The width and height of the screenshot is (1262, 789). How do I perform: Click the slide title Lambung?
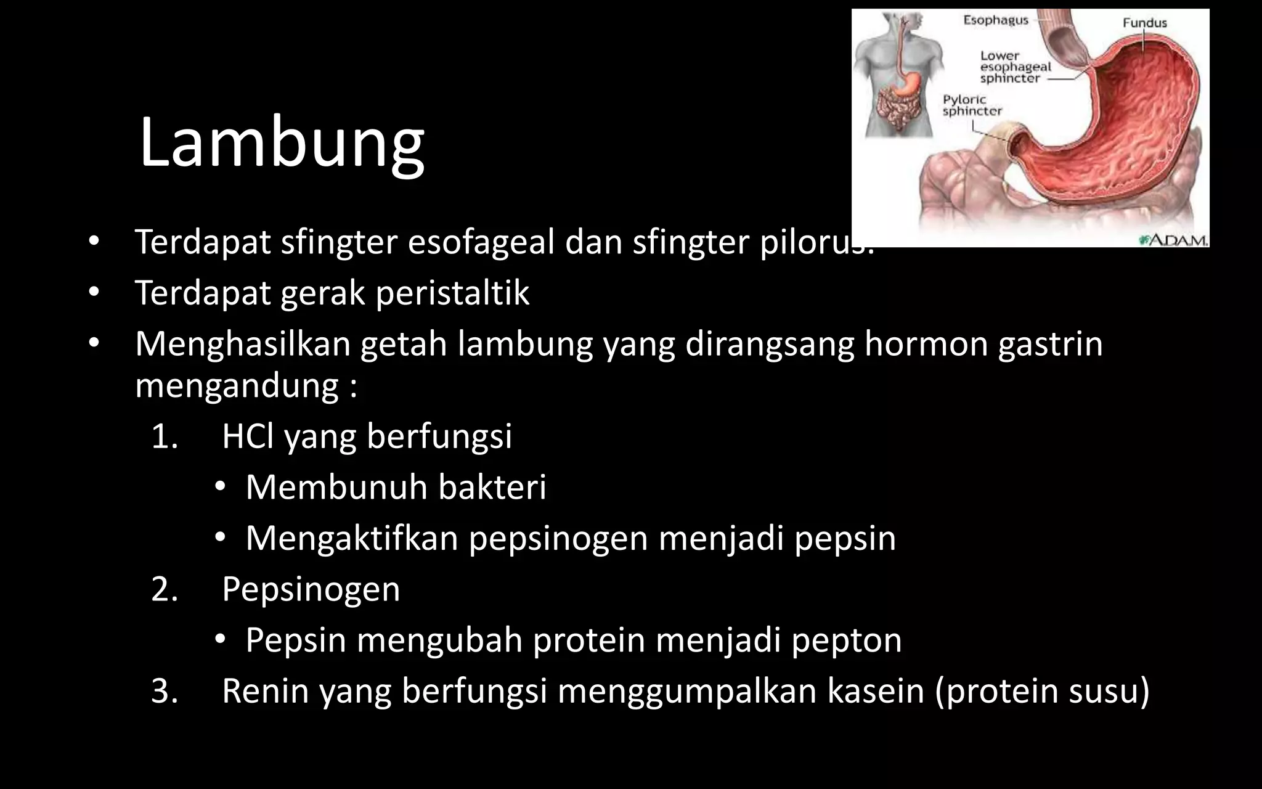pyautogui.click(x=282, y=143)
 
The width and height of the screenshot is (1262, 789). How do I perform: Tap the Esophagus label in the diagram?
pyautogui.click(x=996, y=20)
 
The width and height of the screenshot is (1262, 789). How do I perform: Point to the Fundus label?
pyautogui.click(x=1144, y=23)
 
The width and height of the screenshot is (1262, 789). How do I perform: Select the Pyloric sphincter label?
pyautogui.click(x=972, y=105)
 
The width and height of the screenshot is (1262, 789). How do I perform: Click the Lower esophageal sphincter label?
pyautogui.click(x=1015, y=67)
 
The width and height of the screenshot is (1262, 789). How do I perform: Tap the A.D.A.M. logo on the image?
pyautogui.click(x=1173, y=239)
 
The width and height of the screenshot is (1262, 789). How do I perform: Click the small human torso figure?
pyautogui.click(x=898, y=74)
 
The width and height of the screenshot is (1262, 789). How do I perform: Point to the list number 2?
pyautogui.click(x=165, y=589)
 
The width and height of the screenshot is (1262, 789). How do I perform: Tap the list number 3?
pyautogui.click(x=165, y=690)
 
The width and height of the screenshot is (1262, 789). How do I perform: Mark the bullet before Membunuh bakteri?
pyautogui.click(x=221, y=488)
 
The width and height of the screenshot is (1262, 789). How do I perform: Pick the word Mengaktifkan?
pyautogui.click(x=352, y=538)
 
